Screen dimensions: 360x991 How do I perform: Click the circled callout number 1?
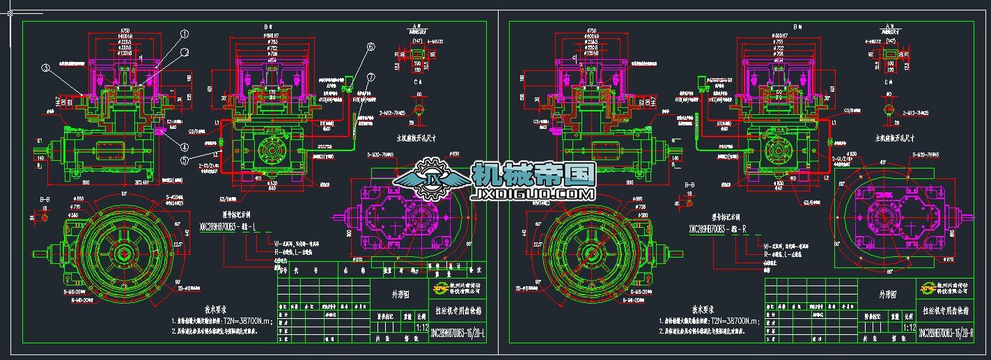[x=185, y=33]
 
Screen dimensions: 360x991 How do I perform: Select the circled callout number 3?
[x=46, y=68]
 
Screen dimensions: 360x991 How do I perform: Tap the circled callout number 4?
[x=186, y=147]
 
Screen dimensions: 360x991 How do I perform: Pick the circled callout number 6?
[x=370, y=47]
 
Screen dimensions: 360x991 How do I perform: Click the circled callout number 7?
[x=371, y=77]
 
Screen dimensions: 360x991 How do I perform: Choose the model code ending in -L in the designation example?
[x=229, y=228]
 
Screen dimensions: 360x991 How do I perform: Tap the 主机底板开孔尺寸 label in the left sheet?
[x=416, y=136]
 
